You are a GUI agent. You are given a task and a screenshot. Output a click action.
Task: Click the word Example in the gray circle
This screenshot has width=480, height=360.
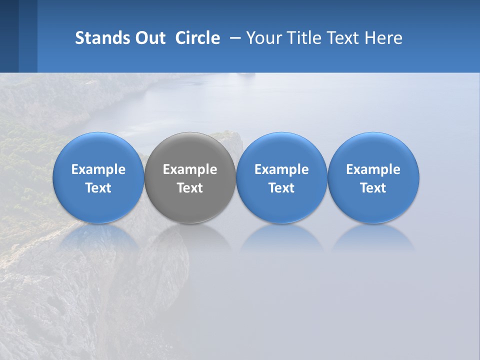click(x=190, y=169)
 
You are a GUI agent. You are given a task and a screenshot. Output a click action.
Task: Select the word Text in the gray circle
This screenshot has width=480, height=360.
click(x=190, y=188)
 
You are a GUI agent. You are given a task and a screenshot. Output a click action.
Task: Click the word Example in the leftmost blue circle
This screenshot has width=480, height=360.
click(x=98, y=169)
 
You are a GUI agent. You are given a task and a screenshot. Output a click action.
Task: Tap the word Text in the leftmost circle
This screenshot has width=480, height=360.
click(x=98, y=188)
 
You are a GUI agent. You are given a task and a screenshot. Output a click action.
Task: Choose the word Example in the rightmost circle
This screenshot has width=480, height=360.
click(x=373, y=169)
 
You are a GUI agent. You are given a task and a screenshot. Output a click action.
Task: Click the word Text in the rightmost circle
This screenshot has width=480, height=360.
click(x=373, y=188)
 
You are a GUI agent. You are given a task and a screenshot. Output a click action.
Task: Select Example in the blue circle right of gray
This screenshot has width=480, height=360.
click(x=281, y=169)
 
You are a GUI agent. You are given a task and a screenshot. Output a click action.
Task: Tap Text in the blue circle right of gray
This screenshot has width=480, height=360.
click(x=281, y=188)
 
